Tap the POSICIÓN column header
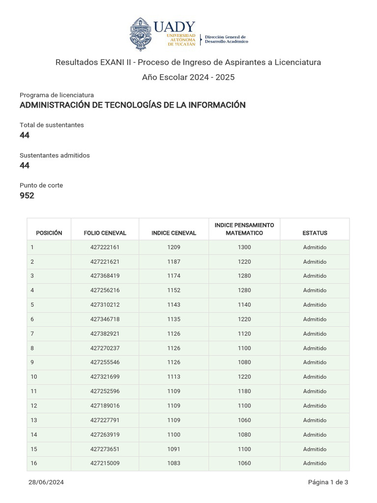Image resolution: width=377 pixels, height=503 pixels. (49, 233)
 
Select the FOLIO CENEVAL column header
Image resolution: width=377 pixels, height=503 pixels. (105, 233)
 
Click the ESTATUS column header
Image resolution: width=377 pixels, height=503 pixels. (315, 233)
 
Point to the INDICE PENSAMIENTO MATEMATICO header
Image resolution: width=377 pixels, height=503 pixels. (244, 229)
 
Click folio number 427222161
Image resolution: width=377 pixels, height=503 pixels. (105, 247)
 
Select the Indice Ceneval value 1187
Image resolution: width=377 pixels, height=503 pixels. (174, 262)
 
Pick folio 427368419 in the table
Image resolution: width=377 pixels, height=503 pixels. (105, 276)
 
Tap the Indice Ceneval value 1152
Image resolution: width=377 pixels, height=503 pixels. (174, 290)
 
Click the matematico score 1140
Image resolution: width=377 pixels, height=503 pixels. (244, 305)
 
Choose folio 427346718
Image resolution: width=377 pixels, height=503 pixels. (105, 319)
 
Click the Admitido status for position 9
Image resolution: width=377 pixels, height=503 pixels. (315, 363)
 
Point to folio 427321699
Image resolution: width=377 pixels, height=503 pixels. (105, 377)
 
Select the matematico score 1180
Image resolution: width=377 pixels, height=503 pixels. (244, 391)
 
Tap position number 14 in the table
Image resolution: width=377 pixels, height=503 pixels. (34, 435)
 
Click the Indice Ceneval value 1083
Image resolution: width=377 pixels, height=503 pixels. (174, 463)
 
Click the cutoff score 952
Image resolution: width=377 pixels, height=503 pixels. (27, 196)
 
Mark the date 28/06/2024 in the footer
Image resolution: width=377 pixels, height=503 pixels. (46, 482)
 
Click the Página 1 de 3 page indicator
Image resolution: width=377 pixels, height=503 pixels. (328, 482)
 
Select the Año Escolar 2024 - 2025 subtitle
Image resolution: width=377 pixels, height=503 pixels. (188, 77)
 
